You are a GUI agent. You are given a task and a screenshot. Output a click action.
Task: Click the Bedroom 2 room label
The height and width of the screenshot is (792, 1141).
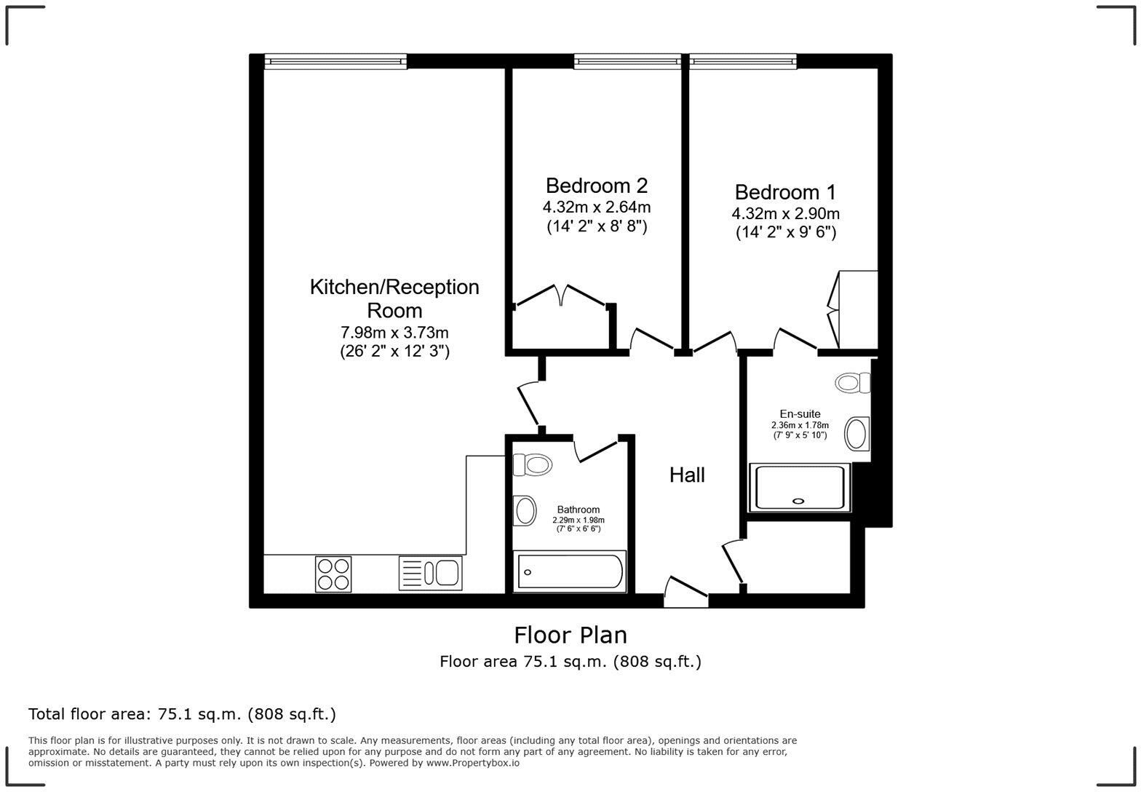[x=596, y=185]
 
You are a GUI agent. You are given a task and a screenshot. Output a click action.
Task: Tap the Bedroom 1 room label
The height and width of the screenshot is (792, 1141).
[x=785, y=192]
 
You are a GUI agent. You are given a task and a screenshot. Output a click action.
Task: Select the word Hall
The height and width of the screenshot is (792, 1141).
[x=687, y=475]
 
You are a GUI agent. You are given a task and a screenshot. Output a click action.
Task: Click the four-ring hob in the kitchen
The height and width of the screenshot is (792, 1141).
[x=333, y=574]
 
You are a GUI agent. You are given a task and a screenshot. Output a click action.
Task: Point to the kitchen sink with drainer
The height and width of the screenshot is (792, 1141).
[x=430, y=573]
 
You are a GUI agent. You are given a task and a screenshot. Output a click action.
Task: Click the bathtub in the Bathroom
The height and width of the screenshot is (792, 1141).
[x=570, y=571]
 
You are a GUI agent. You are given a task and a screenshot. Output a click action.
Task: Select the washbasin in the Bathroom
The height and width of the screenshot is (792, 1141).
[x=525, y=510]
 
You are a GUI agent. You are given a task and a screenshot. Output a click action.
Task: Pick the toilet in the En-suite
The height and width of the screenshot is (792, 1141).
[x=853, y=383]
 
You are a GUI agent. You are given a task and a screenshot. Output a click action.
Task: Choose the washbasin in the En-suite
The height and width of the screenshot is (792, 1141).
[x=856, y=434]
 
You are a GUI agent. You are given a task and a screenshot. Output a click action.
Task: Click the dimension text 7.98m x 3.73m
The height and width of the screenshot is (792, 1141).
[x=394, y=333]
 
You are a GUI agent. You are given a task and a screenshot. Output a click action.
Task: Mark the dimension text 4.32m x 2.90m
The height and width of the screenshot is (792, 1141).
[x=785, y=213]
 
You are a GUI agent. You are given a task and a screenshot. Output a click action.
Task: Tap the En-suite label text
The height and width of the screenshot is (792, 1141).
[x=800, y=414]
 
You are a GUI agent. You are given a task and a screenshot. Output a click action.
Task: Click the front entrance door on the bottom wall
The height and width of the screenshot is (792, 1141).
[x=686, y=591]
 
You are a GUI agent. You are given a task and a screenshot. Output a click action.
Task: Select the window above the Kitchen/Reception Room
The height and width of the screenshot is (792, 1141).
[x=335, y=61]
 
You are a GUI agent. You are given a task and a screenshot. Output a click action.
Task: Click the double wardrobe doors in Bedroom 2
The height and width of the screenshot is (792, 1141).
[x=561, y=296]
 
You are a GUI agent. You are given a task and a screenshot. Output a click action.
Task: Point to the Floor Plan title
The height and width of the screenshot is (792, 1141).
[x=570, y=635]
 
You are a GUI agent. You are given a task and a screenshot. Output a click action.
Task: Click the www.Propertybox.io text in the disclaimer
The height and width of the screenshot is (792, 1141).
[x=473, y=763]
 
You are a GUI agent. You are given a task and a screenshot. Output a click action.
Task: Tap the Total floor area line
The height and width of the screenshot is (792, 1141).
[x=182, y=714]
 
